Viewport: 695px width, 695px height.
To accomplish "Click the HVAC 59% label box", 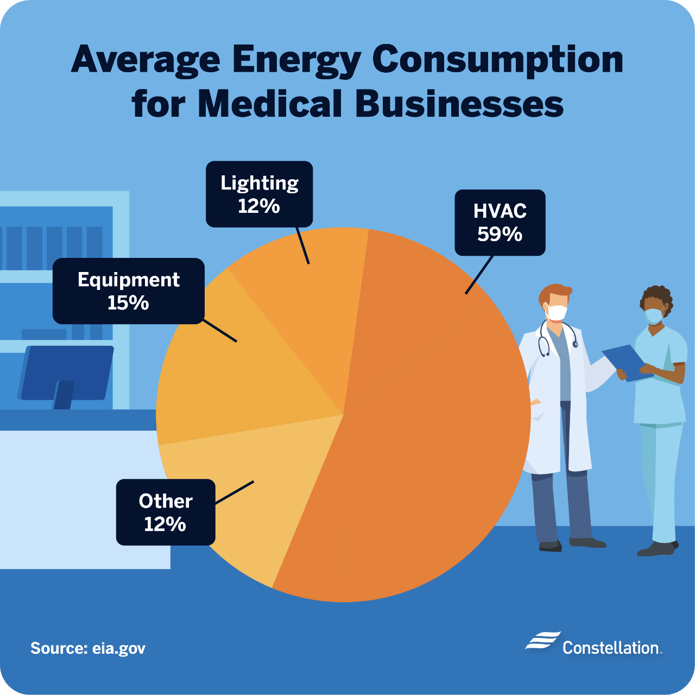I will click(x=500, y=223).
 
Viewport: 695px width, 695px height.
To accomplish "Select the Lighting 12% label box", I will click(x=259, y=194).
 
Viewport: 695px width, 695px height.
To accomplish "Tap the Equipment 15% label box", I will click(x=128, y=291).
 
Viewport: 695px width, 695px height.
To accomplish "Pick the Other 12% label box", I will click(x=166, y=512).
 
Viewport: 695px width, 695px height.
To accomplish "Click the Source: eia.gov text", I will click(x=88, y=648).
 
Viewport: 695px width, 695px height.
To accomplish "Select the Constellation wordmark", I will click(x=611, y=648).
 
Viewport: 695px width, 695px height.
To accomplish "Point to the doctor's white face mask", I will click(x=557, y=312).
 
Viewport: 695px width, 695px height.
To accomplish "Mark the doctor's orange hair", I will click(x=554, y=292).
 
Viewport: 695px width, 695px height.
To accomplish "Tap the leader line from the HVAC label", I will click(x=479, y=275).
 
